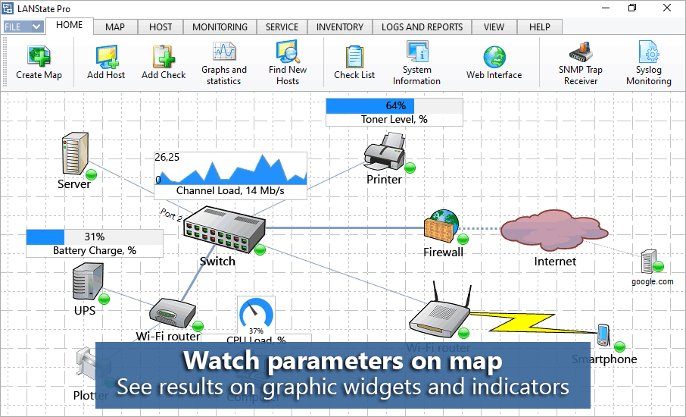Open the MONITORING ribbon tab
[220, 27]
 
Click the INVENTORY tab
[340, 27]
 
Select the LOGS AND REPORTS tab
[422, 27]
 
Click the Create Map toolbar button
[39, 63]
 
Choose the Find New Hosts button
[288, 62]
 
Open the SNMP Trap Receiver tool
[582, 62]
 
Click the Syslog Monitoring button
[648, 62]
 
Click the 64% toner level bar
[394, 105]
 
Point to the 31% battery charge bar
[95, 237]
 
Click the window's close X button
[666, 8]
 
